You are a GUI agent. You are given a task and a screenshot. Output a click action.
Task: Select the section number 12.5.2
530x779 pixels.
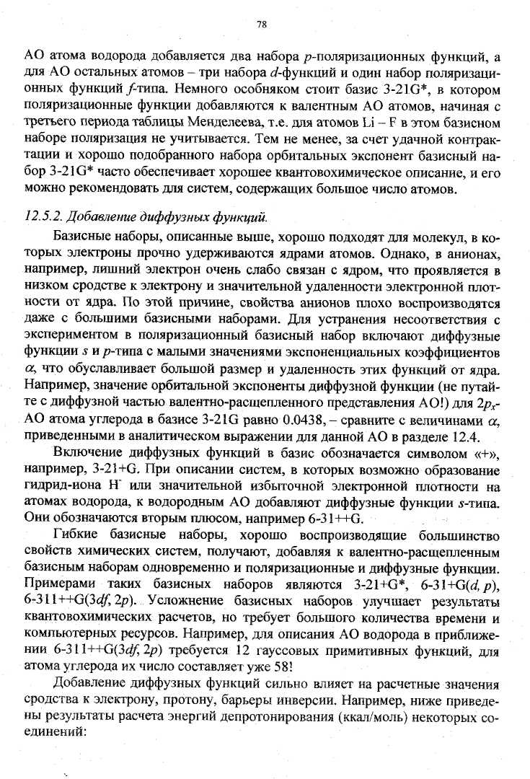(48, 196)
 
